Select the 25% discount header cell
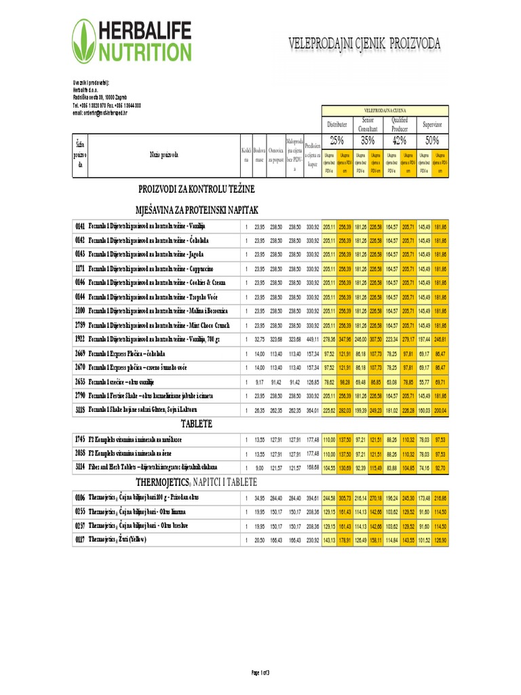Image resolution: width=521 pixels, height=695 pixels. click(x=336, y=140)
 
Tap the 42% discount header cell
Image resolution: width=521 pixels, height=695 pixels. click(x=400, y=140)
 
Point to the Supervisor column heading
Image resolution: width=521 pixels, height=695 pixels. click(x=431, y=125)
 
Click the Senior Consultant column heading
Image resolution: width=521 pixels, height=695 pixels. click(x=368, y=124)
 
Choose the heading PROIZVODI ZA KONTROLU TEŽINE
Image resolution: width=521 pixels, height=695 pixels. click(x=197, y=188)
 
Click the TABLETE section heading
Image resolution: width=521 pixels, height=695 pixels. click(x=196, y=424)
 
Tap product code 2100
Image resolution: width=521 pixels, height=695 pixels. click(x=80, y=311)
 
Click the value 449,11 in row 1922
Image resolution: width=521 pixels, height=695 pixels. click(x=312, y=339)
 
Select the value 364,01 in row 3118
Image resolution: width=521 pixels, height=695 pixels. click(x=312, y=410)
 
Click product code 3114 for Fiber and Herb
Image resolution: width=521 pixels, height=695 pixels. click(x=80, y=467)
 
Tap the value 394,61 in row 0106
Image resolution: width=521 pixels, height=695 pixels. click(x=312, y=497)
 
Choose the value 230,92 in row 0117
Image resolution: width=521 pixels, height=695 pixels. click(x=312, y=540)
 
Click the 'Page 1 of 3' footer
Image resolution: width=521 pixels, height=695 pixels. click(x=260, y=673)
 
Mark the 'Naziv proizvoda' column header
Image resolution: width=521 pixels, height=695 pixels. click(x=163, y=155)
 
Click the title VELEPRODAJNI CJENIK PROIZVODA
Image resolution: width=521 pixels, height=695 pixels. click(x=365, y=45)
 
